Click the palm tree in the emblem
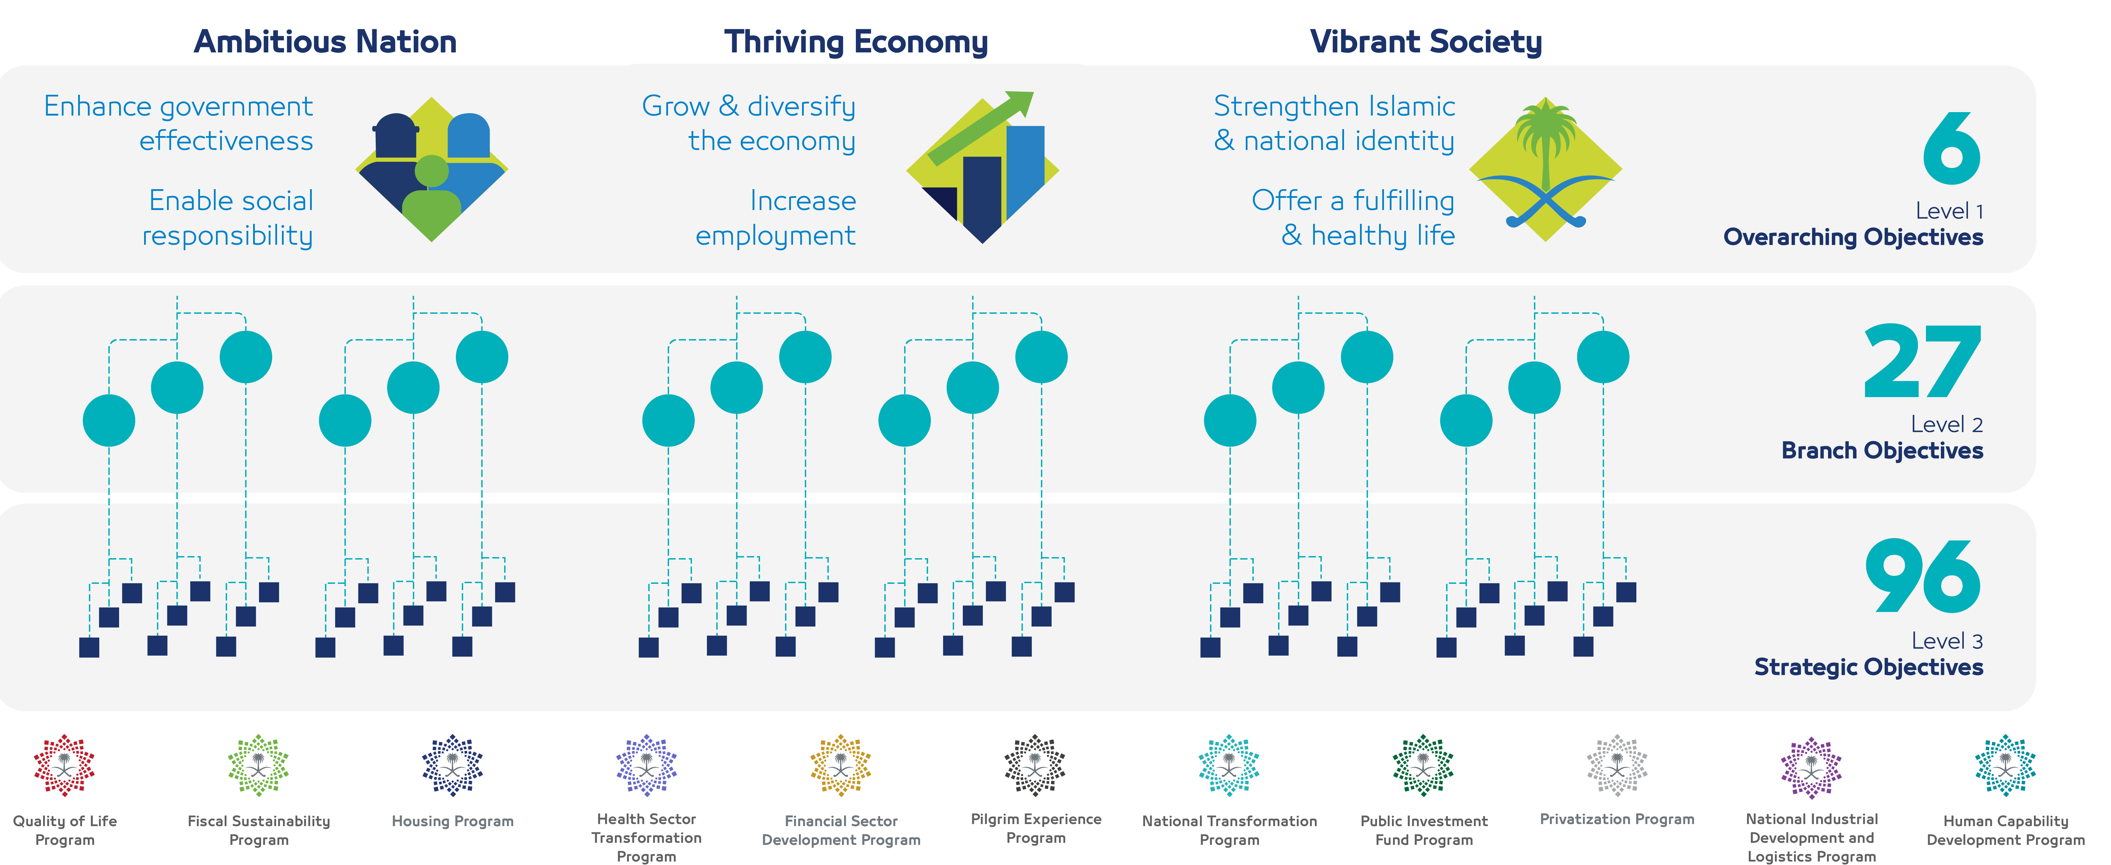pos(1545,139)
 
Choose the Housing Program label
pos(452,821)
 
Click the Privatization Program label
pos(1617,819)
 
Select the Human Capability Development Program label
pos(2005,830)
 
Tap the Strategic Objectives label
pos(1868,667)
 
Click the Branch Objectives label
pos(1882,451)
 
